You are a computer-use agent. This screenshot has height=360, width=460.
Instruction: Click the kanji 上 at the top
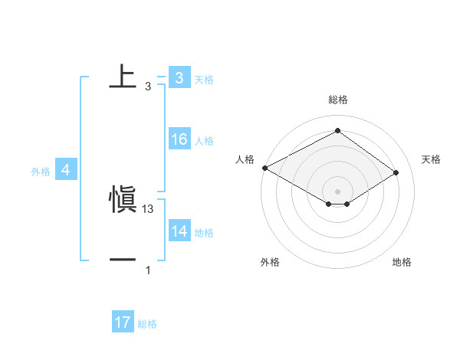123,77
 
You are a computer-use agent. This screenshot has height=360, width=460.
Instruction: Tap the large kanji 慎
123,201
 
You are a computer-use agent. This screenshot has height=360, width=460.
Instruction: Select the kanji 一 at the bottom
123,261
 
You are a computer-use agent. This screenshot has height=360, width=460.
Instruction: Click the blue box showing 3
179,77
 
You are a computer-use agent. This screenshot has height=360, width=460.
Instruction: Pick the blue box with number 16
179,139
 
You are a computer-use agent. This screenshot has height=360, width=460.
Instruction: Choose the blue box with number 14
179,231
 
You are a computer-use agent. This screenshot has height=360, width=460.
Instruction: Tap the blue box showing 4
66,171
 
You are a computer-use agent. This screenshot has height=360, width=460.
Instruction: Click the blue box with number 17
122,323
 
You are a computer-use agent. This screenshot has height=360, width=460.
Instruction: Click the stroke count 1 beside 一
148,270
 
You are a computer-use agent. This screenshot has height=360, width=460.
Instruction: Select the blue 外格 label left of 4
41,172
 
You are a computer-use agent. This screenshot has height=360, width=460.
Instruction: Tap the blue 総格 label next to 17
147,324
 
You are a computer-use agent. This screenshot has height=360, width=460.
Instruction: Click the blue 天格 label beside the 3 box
204,79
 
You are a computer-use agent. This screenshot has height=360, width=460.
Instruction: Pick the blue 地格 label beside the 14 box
204,232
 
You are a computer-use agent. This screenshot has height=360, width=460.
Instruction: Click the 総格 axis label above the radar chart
337,100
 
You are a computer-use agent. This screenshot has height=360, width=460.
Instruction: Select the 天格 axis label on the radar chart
431,159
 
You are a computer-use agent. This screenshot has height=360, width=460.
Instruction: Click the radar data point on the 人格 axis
264,168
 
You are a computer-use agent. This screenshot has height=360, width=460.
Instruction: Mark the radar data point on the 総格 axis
337,131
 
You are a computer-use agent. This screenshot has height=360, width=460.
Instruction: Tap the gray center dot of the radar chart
337,191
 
